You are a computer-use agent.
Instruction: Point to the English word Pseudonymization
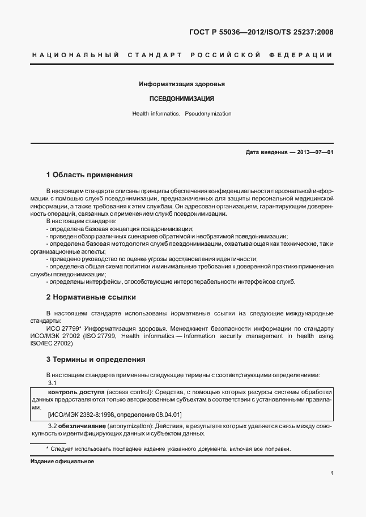point(208,114)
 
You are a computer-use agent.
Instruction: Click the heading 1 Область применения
point(89,175)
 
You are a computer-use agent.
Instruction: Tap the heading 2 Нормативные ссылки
point(91,297)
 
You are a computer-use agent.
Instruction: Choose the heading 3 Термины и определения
point(96,359)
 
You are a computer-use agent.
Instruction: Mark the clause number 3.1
point(52,383)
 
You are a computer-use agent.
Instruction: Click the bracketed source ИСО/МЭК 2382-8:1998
point(86,414)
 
